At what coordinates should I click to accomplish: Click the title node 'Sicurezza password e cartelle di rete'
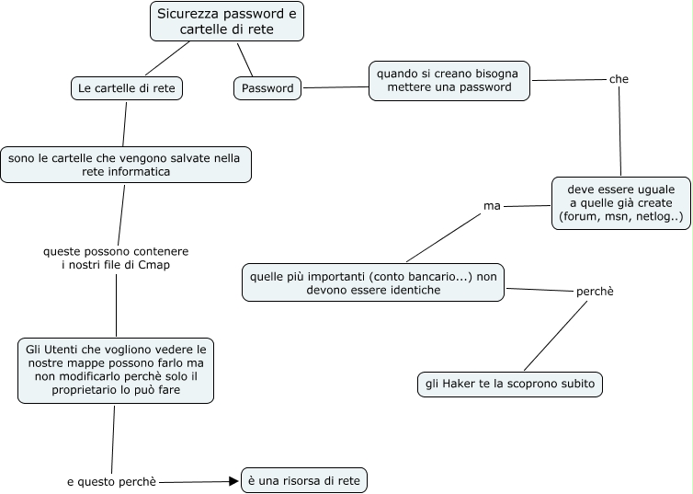226,21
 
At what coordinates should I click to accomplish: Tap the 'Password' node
267,88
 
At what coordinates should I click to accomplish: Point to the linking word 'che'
619,79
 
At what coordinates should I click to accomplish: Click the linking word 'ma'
492,205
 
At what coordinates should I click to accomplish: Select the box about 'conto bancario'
372,281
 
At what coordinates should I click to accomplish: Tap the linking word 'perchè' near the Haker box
594,291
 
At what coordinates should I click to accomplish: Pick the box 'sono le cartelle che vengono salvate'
125,165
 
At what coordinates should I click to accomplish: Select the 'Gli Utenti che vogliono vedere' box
116,370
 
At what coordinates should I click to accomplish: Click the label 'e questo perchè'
111,481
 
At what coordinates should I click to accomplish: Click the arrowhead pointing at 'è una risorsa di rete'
233,481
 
